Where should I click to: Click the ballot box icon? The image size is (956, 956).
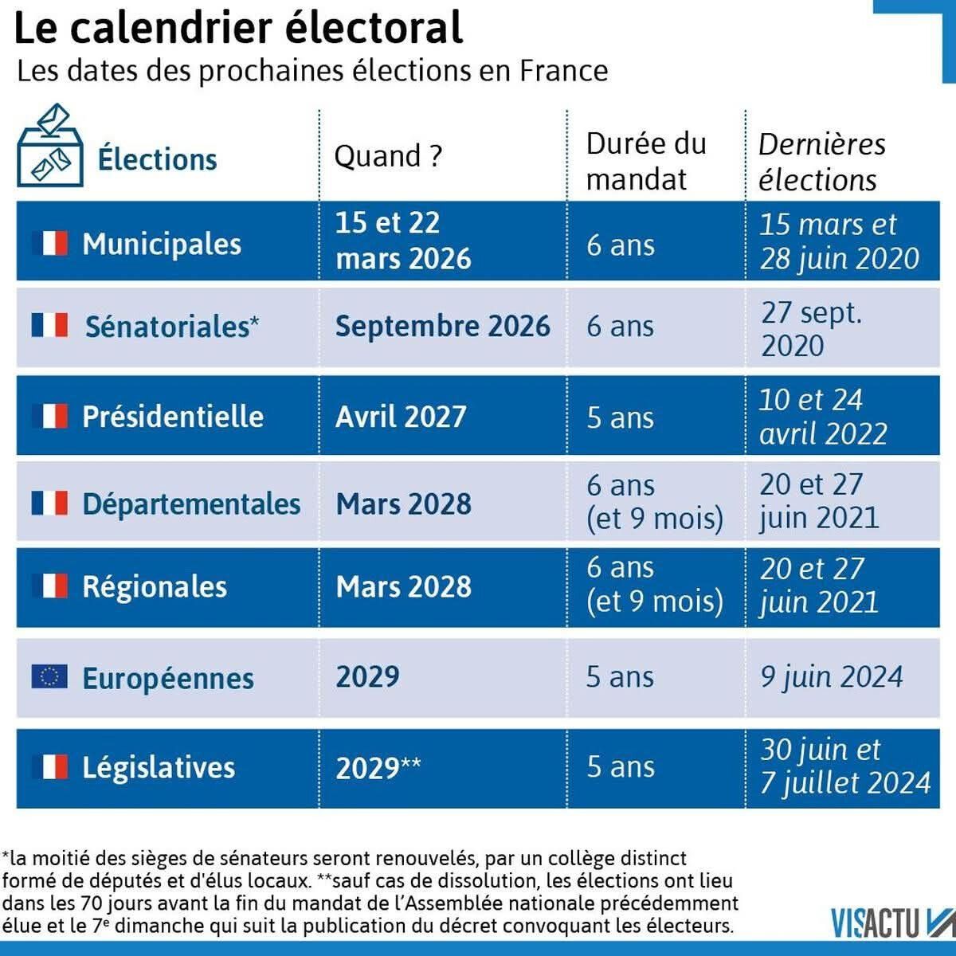[x=50, y=147]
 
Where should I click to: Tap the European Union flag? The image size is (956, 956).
[x=49, y=676]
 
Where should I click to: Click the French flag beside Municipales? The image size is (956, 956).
[x=49, y=243]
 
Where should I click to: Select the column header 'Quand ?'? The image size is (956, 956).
[x=387, y=156]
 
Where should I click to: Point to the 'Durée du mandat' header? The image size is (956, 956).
[x=645, y=161]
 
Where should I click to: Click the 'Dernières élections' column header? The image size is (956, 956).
[x=821, y=162]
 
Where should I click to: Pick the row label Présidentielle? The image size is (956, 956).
[x=173, y=417]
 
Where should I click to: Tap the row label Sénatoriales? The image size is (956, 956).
[x=171, y=327]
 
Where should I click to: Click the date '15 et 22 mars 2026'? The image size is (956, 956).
[x=402, y=241]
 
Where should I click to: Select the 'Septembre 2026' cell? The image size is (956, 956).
[x=442, y=327]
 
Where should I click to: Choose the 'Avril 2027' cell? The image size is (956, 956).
[x=401, y=417]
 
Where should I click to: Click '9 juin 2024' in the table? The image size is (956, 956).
[x=831, y=677]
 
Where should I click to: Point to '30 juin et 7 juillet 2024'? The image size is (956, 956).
[x=844, y=766]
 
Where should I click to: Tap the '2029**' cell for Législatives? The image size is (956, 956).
[x=378, y=768]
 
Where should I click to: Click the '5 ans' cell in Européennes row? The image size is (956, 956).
[x=620, y=677]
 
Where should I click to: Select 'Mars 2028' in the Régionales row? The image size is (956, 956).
[x=403, y=587]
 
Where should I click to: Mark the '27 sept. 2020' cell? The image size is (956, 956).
[x=811, y=328]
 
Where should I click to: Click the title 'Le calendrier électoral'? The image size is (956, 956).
[x=238, y=28]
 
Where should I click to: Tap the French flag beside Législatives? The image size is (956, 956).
[x=49, y=767]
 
